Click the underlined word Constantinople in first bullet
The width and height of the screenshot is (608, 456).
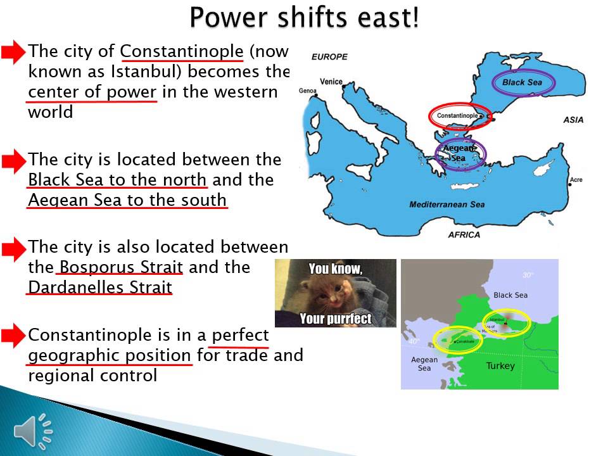tap(182, 51)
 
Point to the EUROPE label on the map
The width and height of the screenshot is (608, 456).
tap(329, 57)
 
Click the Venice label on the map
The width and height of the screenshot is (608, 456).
tap(331, 82)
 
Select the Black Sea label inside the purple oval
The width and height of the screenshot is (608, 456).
tap(522, 82)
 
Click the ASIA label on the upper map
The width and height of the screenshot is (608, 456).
tap(573, 120)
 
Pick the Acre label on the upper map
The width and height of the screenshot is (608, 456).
tap(576, 180)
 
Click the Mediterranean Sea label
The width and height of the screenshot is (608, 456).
tap(446, 205)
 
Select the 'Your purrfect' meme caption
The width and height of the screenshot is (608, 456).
tap(335, 318)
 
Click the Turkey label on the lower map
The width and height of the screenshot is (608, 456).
tap(500, 366)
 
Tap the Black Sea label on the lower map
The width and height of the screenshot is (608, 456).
tap(510, 295)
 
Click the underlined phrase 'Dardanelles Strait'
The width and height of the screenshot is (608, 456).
tap(100, 287)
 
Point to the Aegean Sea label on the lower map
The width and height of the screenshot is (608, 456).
tap(424, 364)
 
